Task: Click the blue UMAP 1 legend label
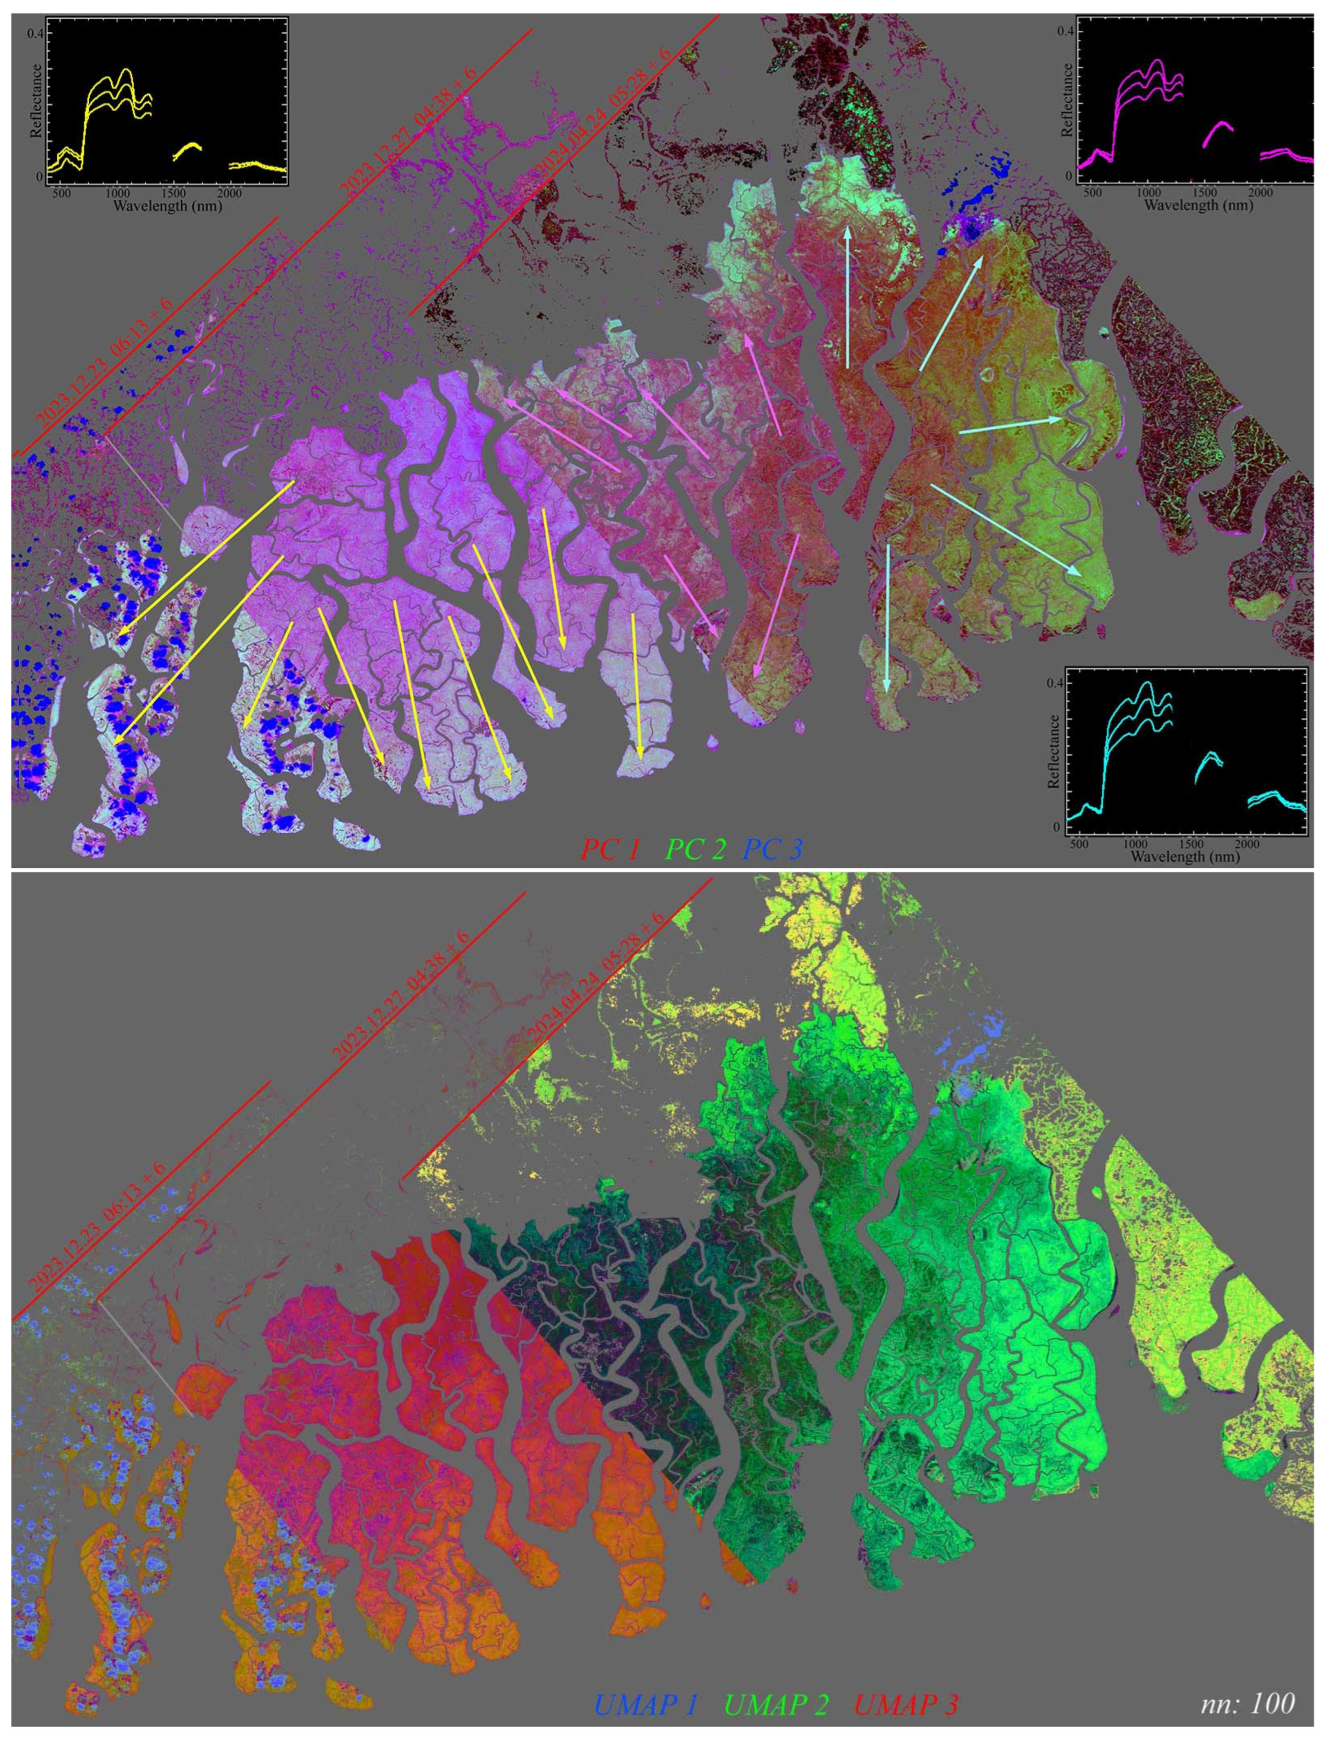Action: coord(645,1699)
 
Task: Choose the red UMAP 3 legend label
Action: coord(906,1699)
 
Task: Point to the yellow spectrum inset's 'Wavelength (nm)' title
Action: coord(167,206)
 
